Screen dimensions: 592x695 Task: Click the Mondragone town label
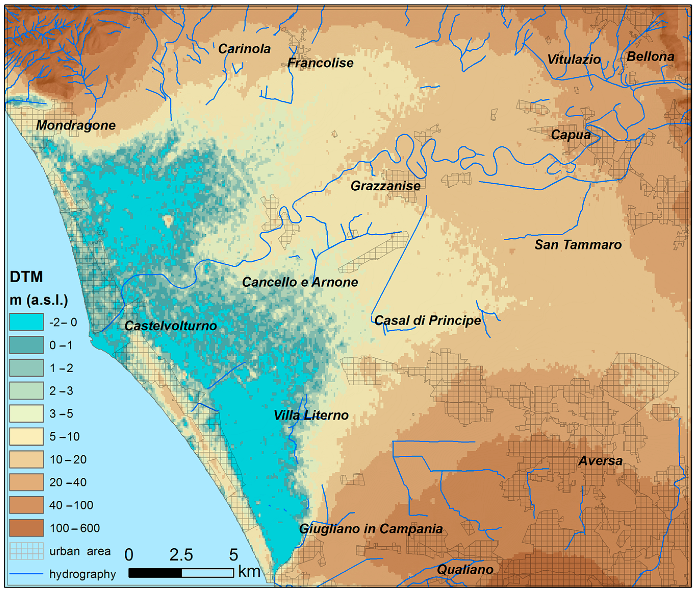point(76,125)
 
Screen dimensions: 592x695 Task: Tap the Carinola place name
point(244,49)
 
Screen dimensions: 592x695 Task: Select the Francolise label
point(320,63)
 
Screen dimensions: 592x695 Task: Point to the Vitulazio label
point(574,59)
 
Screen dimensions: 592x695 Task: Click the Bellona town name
point(650,56)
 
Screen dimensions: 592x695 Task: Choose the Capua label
point(571,135)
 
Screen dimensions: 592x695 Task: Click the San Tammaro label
point(578,245)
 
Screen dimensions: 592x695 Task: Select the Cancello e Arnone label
point(300,282)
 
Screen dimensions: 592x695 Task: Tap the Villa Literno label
point(311,415)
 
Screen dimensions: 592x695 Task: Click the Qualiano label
point(465,569)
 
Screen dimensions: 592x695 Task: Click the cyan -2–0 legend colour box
point(26,322)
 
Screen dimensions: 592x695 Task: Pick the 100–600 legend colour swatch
point(26,528)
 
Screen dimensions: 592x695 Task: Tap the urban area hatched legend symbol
point(26,551)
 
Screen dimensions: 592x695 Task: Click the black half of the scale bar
point(155,573)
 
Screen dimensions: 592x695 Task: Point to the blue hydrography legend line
point(26,574)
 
